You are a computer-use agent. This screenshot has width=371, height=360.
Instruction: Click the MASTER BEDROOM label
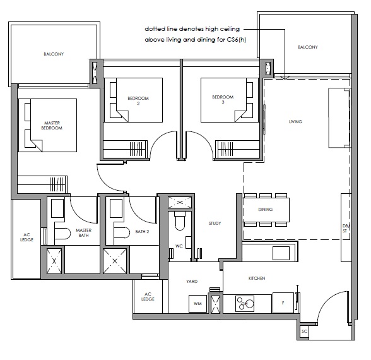(x=52, y=125)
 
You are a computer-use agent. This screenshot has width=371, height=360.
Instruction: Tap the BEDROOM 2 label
(x=138, y=100)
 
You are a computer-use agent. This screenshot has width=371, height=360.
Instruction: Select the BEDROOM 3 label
(x=223, y=100)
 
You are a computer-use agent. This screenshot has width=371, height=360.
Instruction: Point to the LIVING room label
(x=295, y=122)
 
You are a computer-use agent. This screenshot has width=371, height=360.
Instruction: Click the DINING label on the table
(x=266, y=210)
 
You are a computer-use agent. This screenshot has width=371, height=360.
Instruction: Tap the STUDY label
(x=215, y=224)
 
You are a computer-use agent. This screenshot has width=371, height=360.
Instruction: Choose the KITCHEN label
(x=257, y=279)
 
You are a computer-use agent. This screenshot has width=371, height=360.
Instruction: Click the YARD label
(x=192, y=282)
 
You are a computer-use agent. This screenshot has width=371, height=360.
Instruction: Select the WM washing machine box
(x=198, y=304)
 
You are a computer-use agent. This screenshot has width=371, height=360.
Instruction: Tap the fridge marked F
(x=283, y=303)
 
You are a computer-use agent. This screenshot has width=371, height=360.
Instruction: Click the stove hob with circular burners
(x=245, y=304)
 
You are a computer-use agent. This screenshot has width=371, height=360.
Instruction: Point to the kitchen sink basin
(x=281, y=253)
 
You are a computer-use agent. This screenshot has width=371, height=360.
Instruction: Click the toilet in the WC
(x=180, y=221)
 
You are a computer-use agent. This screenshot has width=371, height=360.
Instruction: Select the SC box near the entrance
(x=304, y=332)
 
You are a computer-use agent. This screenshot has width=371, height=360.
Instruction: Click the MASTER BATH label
(x=83, y=233)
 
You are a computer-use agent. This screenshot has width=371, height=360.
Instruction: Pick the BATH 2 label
(x=142, y=232)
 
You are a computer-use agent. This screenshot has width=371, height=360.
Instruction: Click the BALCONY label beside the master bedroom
(x=54, y=54)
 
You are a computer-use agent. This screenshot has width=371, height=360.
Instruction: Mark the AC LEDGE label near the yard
(x=148, y=297)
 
